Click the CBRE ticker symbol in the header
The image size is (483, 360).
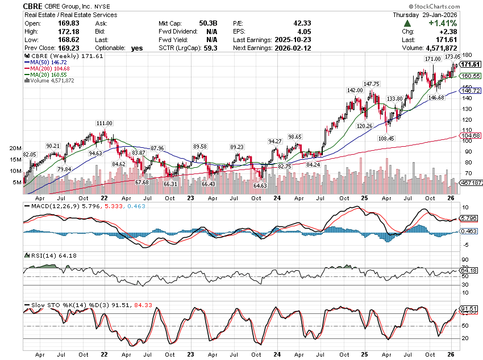click(x=34, y=5)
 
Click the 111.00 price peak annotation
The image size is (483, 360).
click(x=104, y=123)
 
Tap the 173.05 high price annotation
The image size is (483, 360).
click(x=453, y=57)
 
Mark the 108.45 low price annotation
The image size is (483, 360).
click(x=386, y=138)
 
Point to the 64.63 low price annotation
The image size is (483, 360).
click(x=260, y=185)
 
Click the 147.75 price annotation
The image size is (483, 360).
click(x=372, y=84)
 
